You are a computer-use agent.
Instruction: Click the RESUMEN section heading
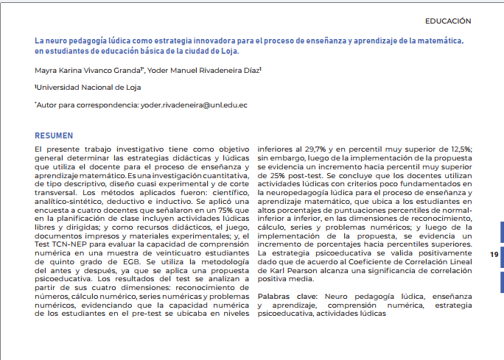click(x=54, y=136)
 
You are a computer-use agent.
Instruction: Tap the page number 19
click(x=493, y=254)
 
